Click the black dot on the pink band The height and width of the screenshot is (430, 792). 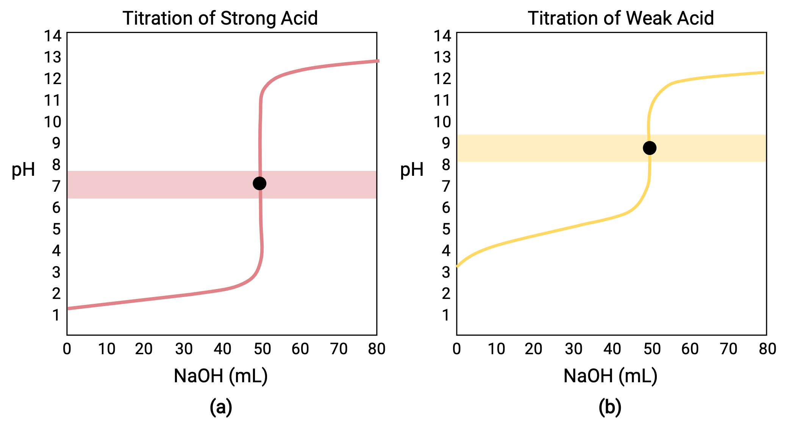click(x=259, y=183)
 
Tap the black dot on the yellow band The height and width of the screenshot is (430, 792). click(x=650, y=148)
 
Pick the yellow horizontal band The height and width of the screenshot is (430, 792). click(x=549, y=148)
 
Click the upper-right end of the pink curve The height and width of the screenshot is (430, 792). click(x=379, y=61)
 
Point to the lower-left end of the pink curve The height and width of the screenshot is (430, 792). click(x=69, y=309)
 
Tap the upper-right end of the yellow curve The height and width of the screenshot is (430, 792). click(x=763, y=72)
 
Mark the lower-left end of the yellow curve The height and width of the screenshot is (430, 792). click(x=457, y=267)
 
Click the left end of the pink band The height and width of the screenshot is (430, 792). click(x=69, y=185)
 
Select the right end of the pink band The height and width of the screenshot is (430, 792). click(x=375, y=185)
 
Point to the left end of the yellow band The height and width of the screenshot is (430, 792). click(x=458, y=148)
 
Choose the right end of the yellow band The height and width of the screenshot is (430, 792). click(x=765, y=148)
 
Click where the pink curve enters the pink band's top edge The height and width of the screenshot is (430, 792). click(x=259, y=171)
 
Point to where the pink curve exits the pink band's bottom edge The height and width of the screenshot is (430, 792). click(x=260, y=199)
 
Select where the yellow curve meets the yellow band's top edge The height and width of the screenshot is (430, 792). click(x=649, y=135)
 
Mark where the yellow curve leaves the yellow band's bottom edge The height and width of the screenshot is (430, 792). click(x=650, y=162)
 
